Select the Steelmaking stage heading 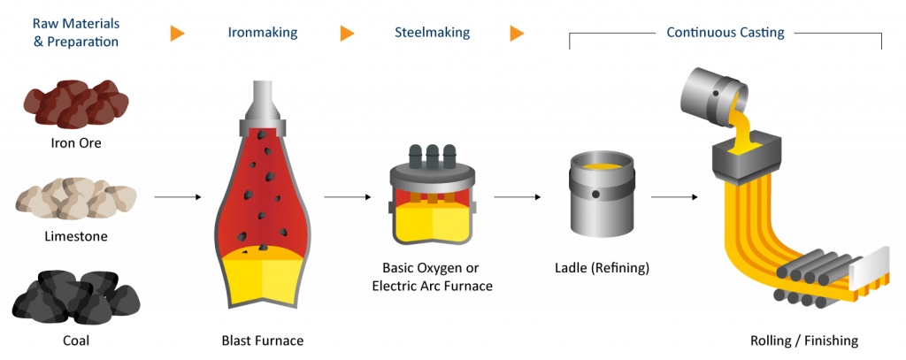pyautogui.click(x=432, y=34)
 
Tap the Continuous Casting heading pyautogui.click(x=725, y=34)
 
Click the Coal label pyautogui.click(x=75, y=339)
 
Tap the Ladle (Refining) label pyautogui.click(x=601, y=267)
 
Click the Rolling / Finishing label pyautogui.click(x=804, y=340)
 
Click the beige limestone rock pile pyautogui.click(x=76, y=200)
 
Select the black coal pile pyautogui.click(x=75, y=297)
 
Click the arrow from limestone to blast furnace pyautogui.click(x=178, y=196)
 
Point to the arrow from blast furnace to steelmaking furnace pyautogui.click(x=346, y=196)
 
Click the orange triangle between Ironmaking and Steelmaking pyautogui.click(x=348, y=34)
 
